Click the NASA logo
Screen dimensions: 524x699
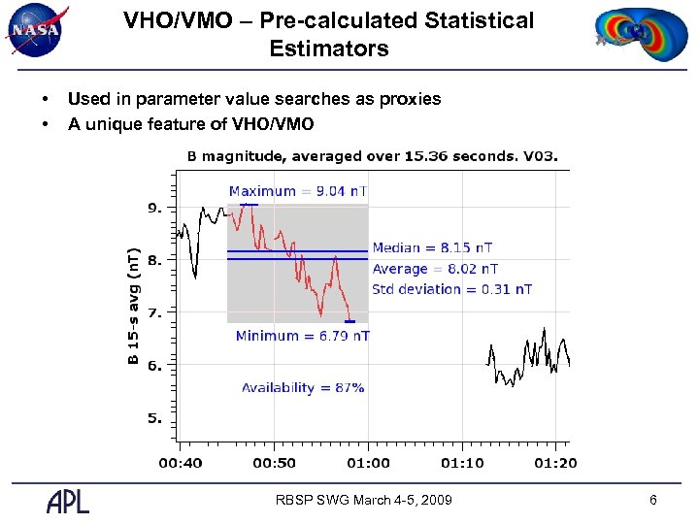pos(36,30)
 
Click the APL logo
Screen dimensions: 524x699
pos(68,501)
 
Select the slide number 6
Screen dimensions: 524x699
pos(653,500)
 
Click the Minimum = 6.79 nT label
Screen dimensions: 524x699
pos(302,336)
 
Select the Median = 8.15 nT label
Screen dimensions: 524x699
pos(432,248)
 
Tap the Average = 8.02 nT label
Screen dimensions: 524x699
pos(435,269)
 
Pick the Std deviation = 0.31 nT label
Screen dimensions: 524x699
pos(451,289)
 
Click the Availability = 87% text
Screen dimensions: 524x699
pos(303,387)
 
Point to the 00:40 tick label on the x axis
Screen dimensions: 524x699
pos(181,463)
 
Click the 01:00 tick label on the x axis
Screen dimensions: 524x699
pos(369,463)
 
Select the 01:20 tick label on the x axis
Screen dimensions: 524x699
pos(554,463)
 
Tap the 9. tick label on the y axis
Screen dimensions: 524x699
pos(154,208)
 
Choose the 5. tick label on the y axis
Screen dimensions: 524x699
pos(154,418)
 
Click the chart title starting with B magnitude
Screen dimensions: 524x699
pos(372,156)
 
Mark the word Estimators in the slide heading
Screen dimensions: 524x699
pos(329,49)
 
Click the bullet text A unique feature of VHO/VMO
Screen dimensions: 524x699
pos(190,123)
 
